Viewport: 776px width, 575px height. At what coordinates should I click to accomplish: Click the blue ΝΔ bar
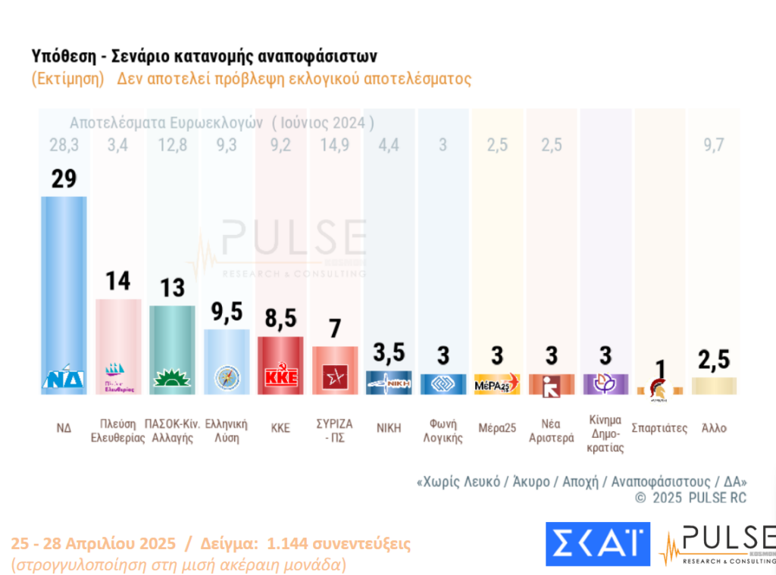click(64, 288)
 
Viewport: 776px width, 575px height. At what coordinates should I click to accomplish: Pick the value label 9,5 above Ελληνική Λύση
click(227, 312)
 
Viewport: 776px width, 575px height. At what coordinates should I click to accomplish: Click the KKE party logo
click(280, 377)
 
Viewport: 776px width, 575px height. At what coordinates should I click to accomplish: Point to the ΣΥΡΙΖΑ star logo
click(335, 377)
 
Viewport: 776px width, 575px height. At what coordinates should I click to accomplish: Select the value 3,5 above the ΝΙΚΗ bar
click(389, 353)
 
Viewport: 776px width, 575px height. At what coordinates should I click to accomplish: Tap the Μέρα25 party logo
click(497, 383)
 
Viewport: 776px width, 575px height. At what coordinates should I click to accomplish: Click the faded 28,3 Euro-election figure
click(64, 145)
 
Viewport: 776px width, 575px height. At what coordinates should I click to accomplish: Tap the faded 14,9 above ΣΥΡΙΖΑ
click(334, 145)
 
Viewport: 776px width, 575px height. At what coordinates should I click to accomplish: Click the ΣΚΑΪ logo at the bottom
click(597, 543)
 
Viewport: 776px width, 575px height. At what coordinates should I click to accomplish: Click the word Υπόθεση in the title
click(64, 57)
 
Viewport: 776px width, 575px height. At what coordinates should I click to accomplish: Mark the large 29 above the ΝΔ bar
click(64, 178)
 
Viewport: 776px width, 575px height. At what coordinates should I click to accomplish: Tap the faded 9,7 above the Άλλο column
click(714, 145)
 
